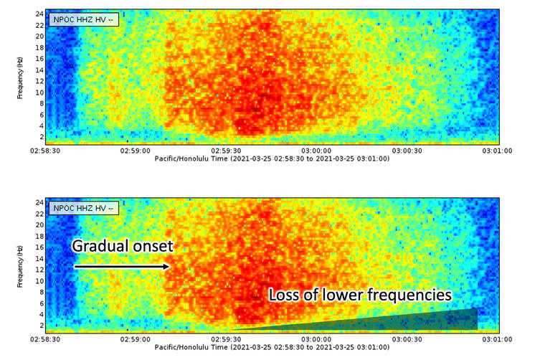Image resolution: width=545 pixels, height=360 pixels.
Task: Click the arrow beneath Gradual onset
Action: coord(122,267)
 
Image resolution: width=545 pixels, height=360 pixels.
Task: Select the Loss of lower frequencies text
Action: coord(360,294)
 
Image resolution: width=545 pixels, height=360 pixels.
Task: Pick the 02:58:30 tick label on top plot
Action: coord(44,152)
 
